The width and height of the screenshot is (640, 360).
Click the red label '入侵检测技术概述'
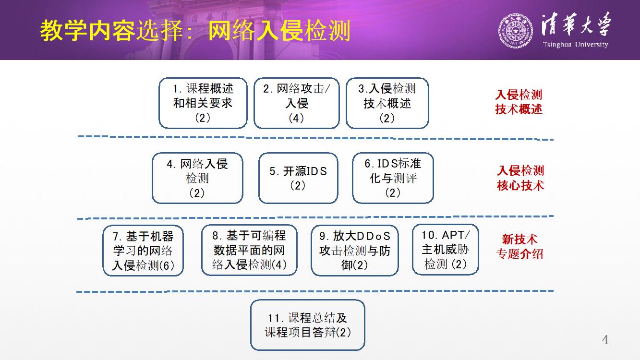click(x=519, y=102)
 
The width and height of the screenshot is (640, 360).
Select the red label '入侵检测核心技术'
click(x=520, y=178)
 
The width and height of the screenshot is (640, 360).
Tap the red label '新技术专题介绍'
click(x=519, y=247)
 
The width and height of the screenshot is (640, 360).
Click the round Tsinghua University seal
click(x=516, y=31)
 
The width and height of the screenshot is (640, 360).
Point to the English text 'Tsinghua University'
click(x=576, y=45)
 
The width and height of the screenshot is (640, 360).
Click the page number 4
click(x=605, y=340)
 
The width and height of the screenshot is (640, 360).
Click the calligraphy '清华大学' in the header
click(x=576, y=25)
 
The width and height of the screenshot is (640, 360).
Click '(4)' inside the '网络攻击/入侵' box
click(x=296, y=118)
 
